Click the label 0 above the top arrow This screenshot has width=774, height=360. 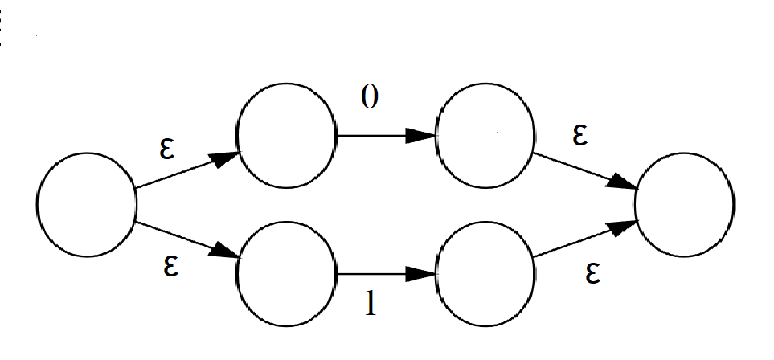(370, 96)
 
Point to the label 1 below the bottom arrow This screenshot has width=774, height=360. (371, 303)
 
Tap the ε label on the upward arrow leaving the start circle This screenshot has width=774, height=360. (167, 149)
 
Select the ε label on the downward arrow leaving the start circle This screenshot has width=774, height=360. (170, 267)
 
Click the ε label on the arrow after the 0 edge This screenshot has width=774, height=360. (580, 136)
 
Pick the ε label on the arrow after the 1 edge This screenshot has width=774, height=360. (593, 274)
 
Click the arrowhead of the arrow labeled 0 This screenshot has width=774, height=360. (420, 135)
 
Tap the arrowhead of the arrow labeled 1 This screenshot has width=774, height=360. (420, 273)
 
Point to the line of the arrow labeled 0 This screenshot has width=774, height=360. (386, 135)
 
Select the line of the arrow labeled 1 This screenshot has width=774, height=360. (386, 273)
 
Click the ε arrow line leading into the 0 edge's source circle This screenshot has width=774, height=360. (188, 170)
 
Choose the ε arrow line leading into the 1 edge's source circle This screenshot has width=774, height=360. (188, 240)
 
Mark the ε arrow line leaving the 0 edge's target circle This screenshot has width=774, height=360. (585, 171)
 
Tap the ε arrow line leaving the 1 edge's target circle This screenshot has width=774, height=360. (585, 239)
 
